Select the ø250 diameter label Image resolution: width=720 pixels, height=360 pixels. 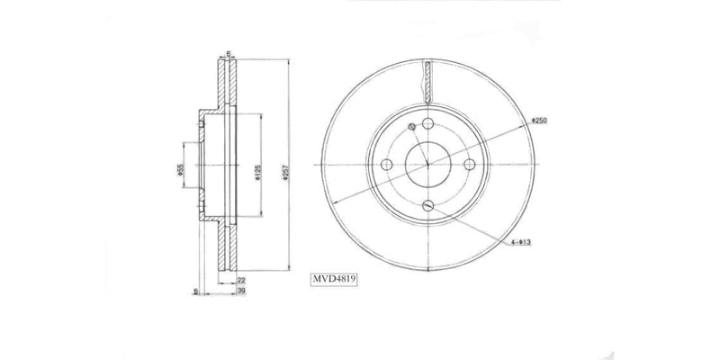539,120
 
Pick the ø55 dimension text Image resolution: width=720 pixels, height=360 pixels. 179,168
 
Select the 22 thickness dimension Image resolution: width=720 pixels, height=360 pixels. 240,280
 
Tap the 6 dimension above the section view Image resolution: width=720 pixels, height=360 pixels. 229,54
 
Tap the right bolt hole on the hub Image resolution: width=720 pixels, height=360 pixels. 468,165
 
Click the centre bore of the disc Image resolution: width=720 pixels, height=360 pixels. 428,165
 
